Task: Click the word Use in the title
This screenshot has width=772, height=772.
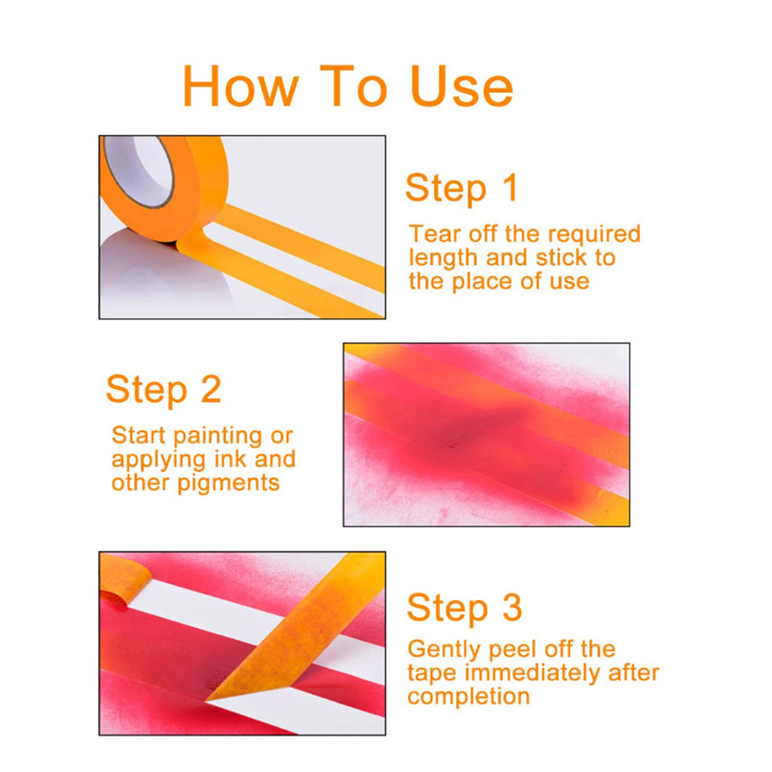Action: pos(462,87)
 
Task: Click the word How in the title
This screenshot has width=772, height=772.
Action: pos(240,86)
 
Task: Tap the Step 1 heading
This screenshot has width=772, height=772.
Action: pos(462,188)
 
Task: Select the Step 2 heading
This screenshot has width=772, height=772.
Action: pos(163,389)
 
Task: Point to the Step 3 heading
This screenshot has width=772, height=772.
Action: pos(464,608)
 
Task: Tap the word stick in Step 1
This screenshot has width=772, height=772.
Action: pos(561,257)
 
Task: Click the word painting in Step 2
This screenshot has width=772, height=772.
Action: pos(218,437)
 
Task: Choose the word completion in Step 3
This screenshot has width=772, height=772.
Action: pos(468,697)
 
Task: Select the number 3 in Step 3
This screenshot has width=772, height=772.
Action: pos(512,607)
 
